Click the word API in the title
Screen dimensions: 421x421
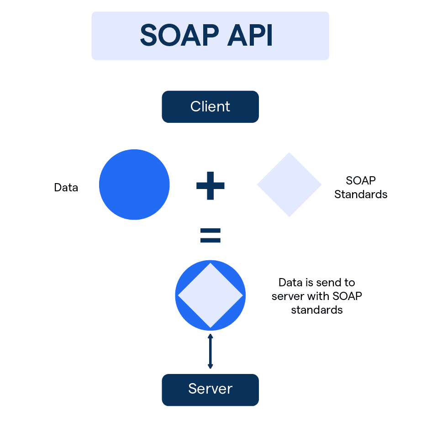click(252, 36)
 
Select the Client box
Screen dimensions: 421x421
click(210, 107)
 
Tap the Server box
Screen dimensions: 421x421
click(210, 389)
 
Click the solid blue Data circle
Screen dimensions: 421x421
click(134, 184)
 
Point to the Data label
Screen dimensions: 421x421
click(66, 188)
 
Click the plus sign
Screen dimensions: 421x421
click(210, 185)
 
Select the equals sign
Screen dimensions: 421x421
click(210, 235)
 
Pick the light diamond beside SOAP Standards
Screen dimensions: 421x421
click(289, 184)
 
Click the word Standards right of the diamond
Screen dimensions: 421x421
click(361, 195)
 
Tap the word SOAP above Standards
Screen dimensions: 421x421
click(361, 180)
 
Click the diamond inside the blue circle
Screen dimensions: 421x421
click(210, 295)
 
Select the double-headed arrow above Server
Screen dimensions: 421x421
click(210, 351)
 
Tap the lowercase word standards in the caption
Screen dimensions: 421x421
click(317, 310)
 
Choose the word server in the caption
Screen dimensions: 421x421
click(287, 296)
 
